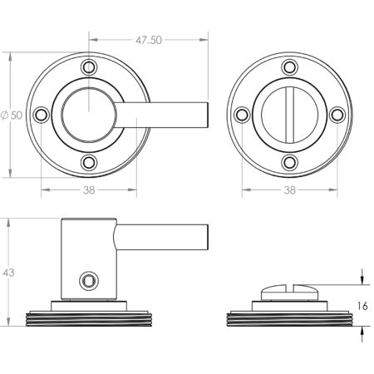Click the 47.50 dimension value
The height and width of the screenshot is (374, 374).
149,40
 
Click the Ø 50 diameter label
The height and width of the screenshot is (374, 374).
12,115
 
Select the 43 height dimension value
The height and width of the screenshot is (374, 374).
8,273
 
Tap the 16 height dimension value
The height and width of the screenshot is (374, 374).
362,306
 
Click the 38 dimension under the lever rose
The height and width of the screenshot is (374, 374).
89,190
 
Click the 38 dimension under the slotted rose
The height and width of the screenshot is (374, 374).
290,190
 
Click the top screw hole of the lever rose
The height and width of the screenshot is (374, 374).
89,67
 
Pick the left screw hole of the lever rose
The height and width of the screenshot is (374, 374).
41,115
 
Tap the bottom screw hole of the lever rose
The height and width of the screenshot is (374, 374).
89,163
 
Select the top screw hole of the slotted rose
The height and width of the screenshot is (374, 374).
290,67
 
